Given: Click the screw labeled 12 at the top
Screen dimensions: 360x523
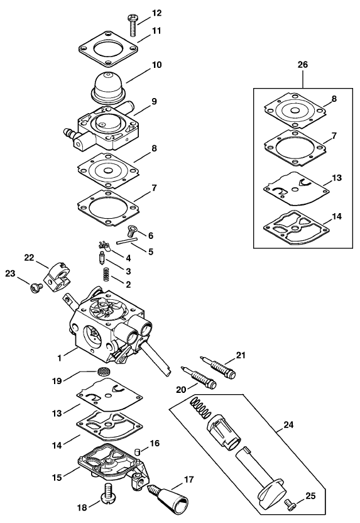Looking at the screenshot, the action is [x=133, y=25].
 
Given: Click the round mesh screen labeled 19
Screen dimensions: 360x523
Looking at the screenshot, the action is [x=104, y=371].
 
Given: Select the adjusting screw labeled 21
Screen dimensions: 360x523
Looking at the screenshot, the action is [x=218, y=368].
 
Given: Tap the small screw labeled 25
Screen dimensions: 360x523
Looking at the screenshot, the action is [x=290, y=503].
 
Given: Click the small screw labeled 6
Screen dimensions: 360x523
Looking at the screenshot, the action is [x=133, y=231].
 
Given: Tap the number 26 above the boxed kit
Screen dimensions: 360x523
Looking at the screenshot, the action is [x=302, y=64].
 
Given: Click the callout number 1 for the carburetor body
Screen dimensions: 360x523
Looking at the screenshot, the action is [x=60, y=358].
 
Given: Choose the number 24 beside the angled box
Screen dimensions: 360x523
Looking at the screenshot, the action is [x=288, y=425].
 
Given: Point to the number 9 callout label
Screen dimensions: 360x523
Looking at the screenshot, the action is [x=154, y=101].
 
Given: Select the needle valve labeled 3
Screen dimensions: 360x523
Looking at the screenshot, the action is [x=102, y=259].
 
